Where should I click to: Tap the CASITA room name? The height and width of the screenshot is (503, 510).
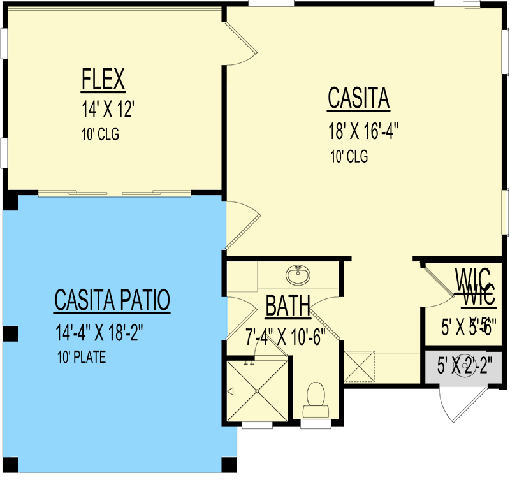(x=358, y=99)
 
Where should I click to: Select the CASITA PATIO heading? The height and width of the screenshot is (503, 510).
(x=112, y=300)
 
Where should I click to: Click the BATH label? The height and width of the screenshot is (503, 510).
(x=288, y=307)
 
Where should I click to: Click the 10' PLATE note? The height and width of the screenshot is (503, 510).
(x=80, y=358)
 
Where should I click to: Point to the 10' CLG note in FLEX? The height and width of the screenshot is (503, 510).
(x=101, y=135)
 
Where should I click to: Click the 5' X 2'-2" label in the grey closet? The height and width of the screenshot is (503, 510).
(x=469, y=366)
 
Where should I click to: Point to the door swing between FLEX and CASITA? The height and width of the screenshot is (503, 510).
(x=240, y=43)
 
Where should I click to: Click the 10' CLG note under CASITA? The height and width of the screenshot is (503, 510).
(x=349, y=156)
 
